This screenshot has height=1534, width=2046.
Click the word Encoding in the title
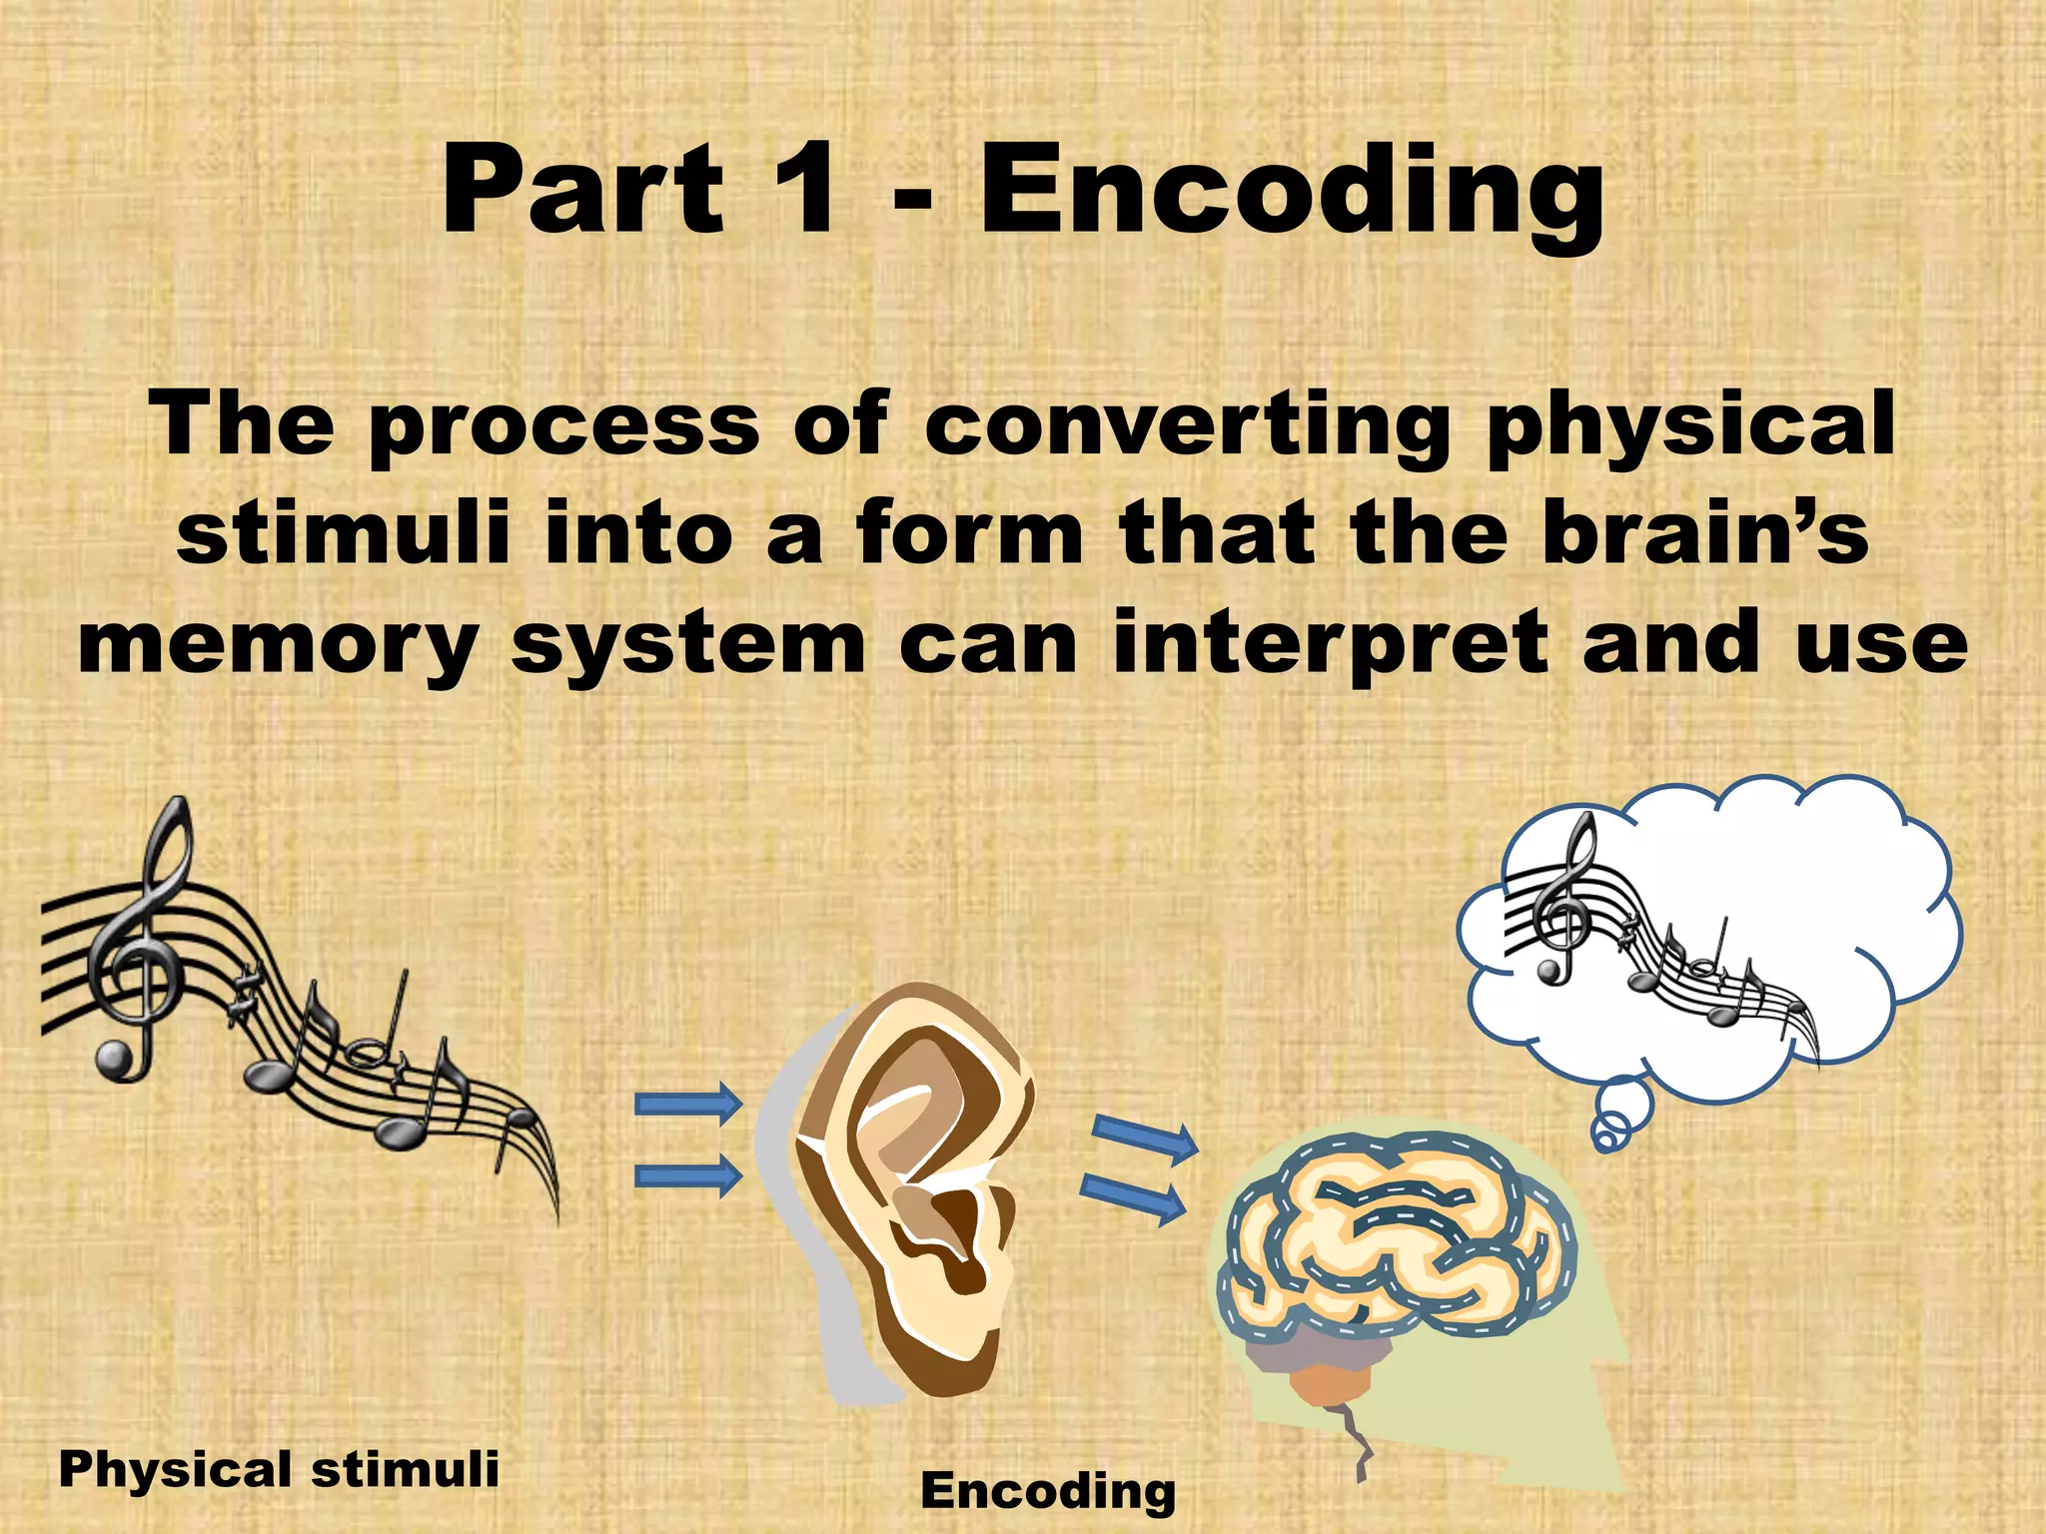1291,192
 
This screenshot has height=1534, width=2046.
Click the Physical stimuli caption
279,1469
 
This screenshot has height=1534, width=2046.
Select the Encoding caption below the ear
1047,1491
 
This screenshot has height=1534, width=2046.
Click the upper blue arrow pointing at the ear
688,1104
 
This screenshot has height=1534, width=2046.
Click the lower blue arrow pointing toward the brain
1133,1196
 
